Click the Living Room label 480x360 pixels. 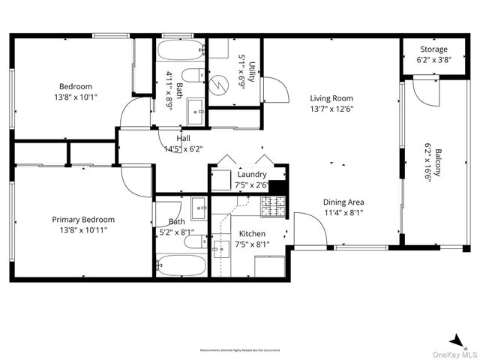(331, 97)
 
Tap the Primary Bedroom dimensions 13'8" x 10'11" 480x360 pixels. (83, 231)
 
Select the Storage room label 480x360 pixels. (433, 49)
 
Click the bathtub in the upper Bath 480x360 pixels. (181, 51)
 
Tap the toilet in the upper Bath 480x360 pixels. (194, 75)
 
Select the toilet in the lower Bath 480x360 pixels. (194, 241)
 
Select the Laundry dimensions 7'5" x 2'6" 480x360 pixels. (251, 184)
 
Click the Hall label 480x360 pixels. (183, 139)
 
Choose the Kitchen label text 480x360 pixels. (251, 233)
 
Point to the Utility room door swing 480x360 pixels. (274, 90)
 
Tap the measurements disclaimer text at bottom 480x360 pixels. (241, 350)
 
